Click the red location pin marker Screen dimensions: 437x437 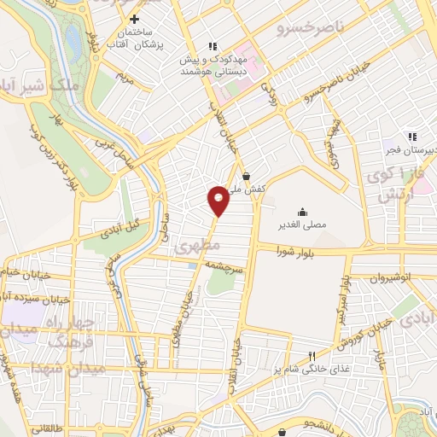[219, 200]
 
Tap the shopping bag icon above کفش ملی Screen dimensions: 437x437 [247, 177]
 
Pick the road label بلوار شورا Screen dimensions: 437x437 [297, 251]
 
